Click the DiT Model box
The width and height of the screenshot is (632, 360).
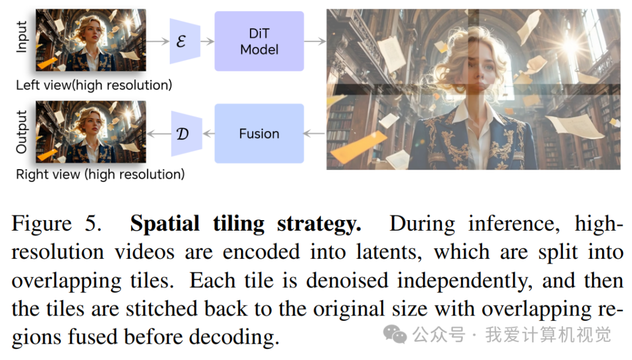click(259, 41)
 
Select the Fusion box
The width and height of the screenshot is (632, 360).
click(259, 133)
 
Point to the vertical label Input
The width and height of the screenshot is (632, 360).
click(22, 37)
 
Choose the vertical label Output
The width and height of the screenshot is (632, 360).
click(22, 132)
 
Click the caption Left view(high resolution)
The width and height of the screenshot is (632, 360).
click(94, 85)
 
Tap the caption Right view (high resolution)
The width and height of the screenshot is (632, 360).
click(100, 174)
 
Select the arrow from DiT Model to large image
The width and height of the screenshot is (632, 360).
click(315, 41)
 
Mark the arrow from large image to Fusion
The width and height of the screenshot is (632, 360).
click(315, 133)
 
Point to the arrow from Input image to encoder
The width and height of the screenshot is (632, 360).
click(157, 41)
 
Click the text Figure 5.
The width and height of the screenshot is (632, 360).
click(56, 224)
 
